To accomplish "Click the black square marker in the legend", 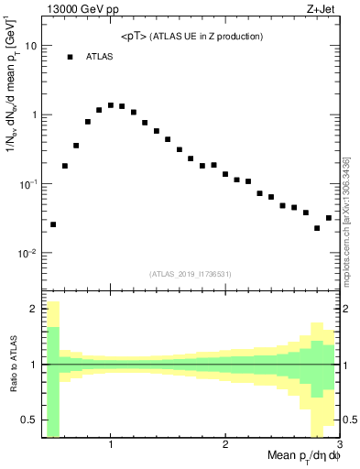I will (70, 57).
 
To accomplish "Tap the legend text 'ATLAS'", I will (100, 57).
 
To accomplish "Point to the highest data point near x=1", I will (111, 105).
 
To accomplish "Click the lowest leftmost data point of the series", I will (53, 224).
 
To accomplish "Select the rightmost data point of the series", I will (329, 218).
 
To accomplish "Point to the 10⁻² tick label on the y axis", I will (28, 254).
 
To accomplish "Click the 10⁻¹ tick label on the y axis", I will (28, 184).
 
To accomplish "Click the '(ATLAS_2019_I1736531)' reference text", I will (190, 273).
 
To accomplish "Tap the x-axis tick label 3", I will (339, 444).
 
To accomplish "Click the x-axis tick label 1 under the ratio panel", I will (111, 444).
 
